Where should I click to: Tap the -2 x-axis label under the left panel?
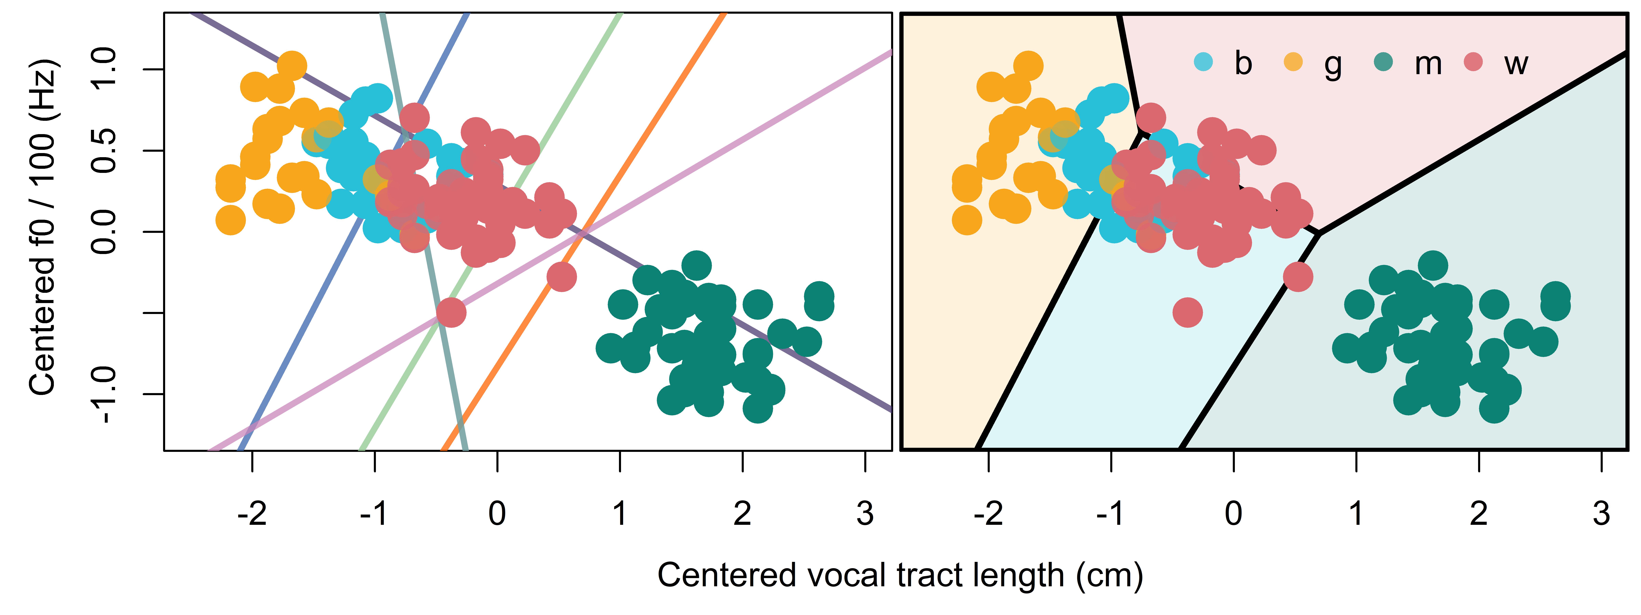(252, 513)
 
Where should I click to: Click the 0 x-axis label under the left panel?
(498, 513)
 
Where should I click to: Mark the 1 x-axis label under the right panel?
(1356, 513)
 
